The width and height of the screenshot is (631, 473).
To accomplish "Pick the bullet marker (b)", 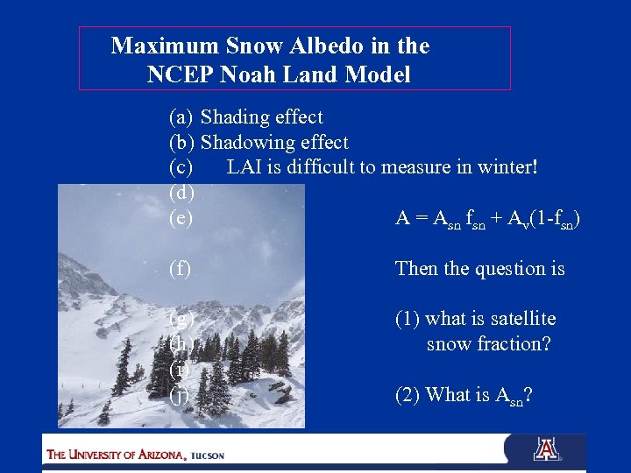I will (181, 143).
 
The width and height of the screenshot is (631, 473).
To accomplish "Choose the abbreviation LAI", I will (244, 167).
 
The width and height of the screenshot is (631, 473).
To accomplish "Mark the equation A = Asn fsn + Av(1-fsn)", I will (488, 219).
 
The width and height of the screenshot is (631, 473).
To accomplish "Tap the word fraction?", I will (514, 344).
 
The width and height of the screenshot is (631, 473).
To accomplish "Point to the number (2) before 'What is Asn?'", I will (408, 395).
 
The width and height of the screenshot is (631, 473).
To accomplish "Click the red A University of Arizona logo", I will (546, 449).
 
